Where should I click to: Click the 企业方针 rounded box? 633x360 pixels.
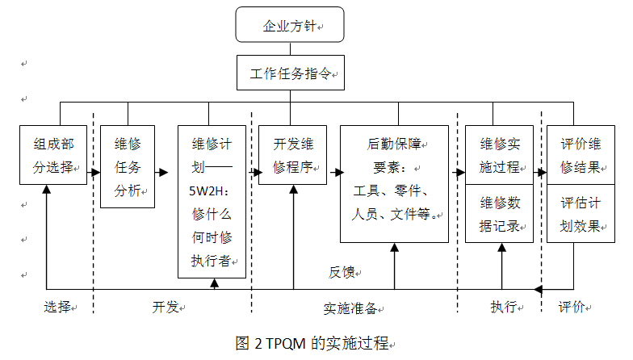[290, 25]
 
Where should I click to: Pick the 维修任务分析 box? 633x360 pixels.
[128, 167]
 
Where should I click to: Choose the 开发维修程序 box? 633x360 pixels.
[292, 156]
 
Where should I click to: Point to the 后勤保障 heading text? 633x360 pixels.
[395, 145]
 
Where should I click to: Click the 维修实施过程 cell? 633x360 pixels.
[500, 156]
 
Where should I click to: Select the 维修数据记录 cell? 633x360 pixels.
[500, 214]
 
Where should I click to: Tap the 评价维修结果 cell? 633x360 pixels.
[580, 156]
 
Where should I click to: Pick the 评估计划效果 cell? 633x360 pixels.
[580, 214]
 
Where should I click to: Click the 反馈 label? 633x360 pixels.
[341, 272]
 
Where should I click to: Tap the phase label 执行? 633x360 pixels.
[502, 308]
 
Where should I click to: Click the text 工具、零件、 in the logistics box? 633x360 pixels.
[395, 192]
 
